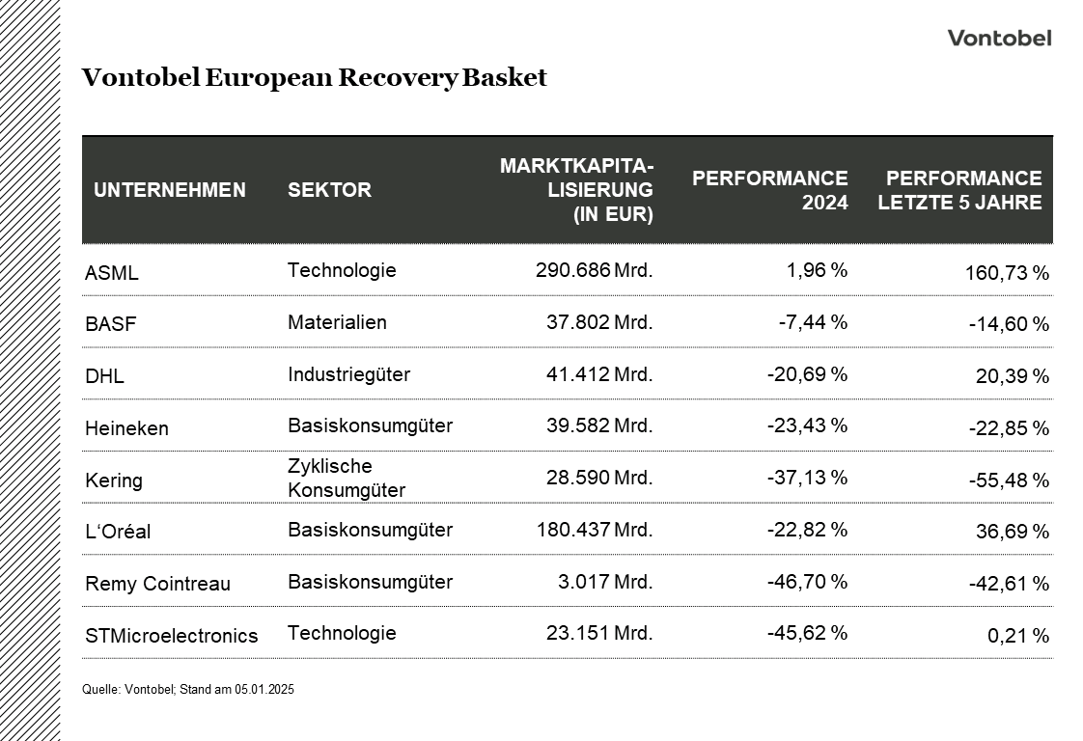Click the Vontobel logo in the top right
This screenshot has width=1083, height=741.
998,39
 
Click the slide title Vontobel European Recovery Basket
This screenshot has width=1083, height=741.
314,78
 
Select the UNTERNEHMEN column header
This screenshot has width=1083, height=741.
170,190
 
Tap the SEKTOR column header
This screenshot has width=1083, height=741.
329,190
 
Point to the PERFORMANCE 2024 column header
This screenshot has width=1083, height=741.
769,190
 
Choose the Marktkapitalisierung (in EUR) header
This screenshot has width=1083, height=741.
576,190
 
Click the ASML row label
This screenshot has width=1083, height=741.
112,273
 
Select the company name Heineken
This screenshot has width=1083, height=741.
126,428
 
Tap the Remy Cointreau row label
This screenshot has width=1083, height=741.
157,584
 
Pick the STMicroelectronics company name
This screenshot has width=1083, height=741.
172,636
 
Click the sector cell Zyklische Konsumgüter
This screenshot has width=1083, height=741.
346,479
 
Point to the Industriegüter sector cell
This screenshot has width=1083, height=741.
348,374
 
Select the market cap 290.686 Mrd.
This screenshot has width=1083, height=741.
594,270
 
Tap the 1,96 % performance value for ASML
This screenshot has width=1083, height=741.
817,270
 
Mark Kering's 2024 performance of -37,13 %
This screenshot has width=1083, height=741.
807,478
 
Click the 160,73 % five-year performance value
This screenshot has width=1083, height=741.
1006,273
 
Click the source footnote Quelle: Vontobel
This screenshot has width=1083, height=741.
188,690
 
